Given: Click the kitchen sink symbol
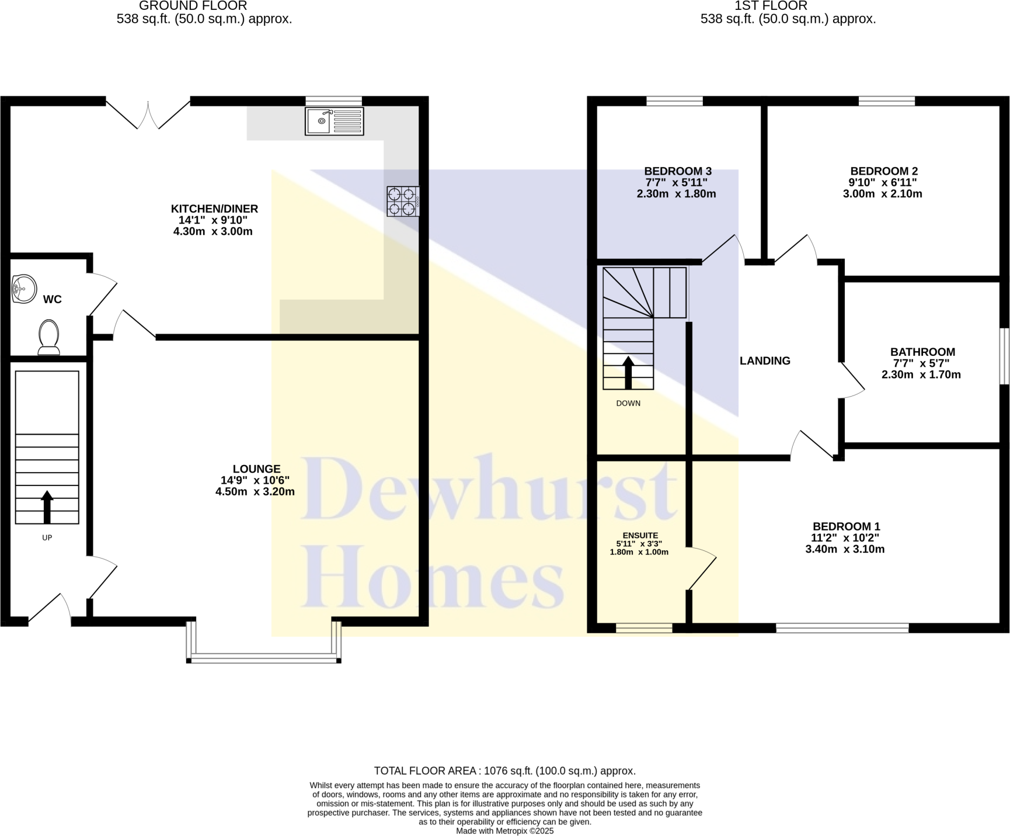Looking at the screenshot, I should pyautogui.click(x=334, y=121).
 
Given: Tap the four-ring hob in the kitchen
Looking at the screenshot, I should pyautogui.click(x=402, y=202).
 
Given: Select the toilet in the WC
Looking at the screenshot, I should pyautogui.click(x=49, y=337).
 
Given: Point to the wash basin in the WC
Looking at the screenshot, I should pyautogui.click(x=23, y=289).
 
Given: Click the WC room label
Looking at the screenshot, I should pyautogui.click(x=52, y=299).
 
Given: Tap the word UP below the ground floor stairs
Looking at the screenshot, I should pyautogui.click(x=47, y=537).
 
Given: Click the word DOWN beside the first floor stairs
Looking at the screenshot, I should pyautogui.click(x=628, y=403).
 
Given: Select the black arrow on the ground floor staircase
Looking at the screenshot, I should pyautogui.click(x=47, y=507).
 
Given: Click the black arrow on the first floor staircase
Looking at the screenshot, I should pyautogui.click(x=628, y=373).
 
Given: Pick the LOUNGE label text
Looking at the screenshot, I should pyautogui.click(x=256, y=469).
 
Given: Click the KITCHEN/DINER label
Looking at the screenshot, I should pyautogui.click(x=214, y=209).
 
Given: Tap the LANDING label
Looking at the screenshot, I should pyautogui.click(x=765, y=360).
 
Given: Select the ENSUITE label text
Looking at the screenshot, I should pyautogui.click(x=640, y=535).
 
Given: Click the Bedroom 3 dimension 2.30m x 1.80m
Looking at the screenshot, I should pyautogui.click(x=676, y=194).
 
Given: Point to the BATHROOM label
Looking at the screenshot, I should pyautogui.click(x=922, y=352).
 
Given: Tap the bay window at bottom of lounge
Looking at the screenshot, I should pyautogui.click(x=263, y=658).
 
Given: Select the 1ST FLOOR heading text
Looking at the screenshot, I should pyautogui.click(x=771, y=6).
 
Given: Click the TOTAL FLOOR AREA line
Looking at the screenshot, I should pyautogui.click(x=504, y=771).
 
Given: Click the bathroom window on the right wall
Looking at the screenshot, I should pyautogui.click(x=1004, y=356).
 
